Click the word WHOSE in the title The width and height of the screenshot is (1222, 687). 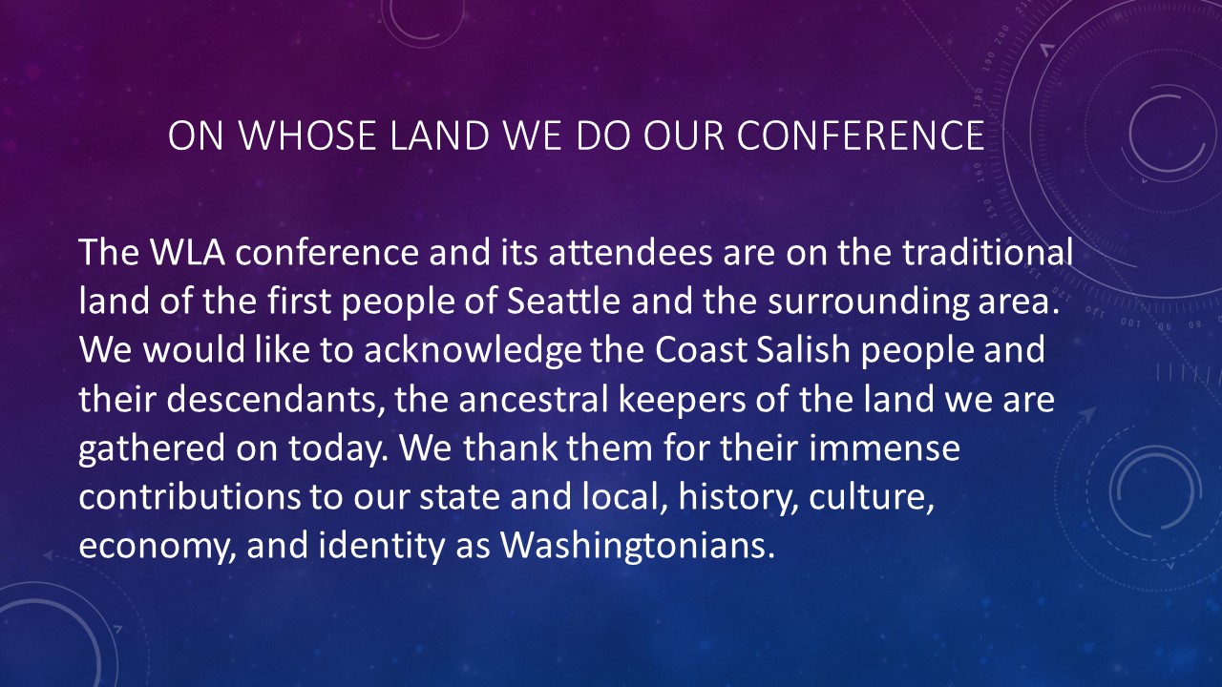[x=307, y=135]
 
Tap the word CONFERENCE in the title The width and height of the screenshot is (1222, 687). [x=860, y=135]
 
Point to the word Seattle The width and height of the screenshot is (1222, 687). [x=563, y=301]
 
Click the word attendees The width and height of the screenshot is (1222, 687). [x=630, y=252]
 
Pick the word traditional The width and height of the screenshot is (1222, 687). [x=987, y=252]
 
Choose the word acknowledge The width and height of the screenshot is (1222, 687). [x=473, y=350]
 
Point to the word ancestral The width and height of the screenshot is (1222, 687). [x=534, y=399]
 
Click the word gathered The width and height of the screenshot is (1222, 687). [x=152, y=449]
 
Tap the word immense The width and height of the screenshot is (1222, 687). [x=884, y=448]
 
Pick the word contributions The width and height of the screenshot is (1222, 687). [x=189, y=497]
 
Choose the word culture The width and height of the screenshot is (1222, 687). [x=872, y=497]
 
